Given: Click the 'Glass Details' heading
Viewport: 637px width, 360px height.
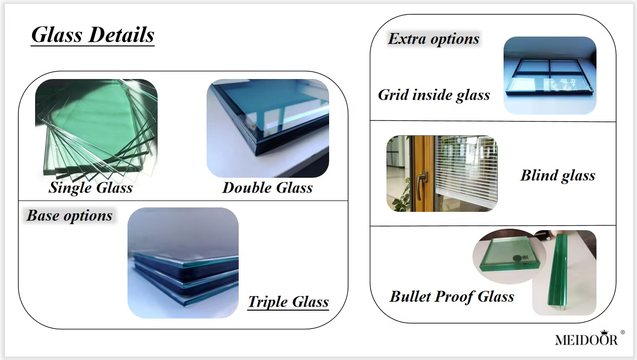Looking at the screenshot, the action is pyautogui.click(x=93, y=35).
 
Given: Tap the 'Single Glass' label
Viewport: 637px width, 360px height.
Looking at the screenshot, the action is pyautogui.click(x=91, y=188).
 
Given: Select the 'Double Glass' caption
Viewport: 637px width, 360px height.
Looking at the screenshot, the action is pyautogui.click(x=267, y=188).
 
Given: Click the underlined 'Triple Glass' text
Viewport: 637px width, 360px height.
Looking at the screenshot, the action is pyautogui.click(x=288, y=302).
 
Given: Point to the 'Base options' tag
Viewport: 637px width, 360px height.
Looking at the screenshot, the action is pyautogui.click(x=69, y=216).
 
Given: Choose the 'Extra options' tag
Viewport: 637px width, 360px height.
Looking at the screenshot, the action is pyautogui.click(x=434, y=39).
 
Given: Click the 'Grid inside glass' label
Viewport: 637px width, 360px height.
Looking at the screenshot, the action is pyautogui.click(x=434, y=95).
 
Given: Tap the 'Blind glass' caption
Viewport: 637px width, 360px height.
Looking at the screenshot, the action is pyautogui.click(x=557, y=175).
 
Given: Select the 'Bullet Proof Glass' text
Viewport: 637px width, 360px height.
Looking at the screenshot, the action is pyautogui.click(x=452, y=297).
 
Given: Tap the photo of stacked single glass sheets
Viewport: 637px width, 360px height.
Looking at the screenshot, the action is pyautogui.click(x=96, y=128).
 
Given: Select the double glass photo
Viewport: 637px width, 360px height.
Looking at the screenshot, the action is pyautogui.click(x=268, y=128).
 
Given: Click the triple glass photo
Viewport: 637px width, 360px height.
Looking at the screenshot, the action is pyautogui.click(x=183, y=263).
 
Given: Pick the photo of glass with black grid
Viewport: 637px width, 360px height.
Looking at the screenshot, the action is pyautogui.click(x=550, y=76).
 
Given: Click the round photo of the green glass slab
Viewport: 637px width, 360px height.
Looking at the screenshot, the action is pyautogui.click(x=510, y=257).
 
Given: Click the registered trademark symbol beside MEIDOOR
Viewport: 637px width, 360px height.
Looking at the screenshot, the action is pyautogui.click(x=623, y=332).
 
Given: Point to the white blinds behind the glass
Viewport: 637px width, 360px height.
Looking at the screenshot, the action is pyautogui.click(x=467, y=169).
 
